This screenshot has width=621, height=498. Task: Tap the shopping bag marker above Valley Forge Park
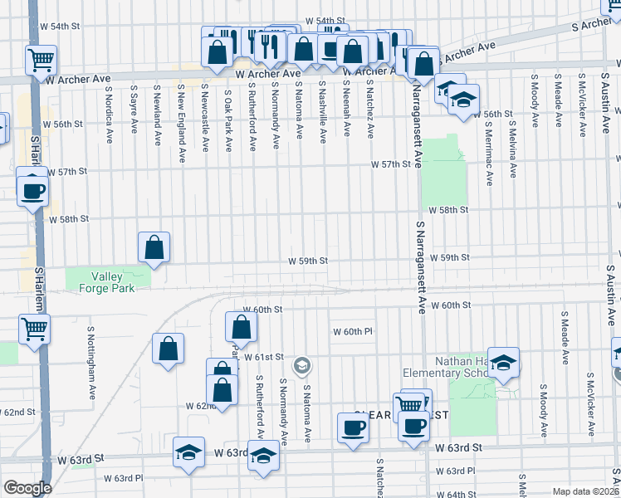coord(154,247)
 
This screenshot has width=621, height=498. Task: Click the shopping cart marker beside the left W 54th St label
coord(41,60)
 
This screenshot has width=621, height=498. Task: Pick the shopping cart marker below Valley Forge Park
coord(34,329)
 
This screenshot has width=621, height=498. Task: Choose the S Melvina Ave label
coord(513,148)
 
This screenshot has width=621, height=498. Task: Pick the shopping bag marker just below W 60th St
coord(241,327)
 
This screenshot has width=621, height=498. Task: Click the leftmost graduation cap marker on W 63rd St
coord(189,453)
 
